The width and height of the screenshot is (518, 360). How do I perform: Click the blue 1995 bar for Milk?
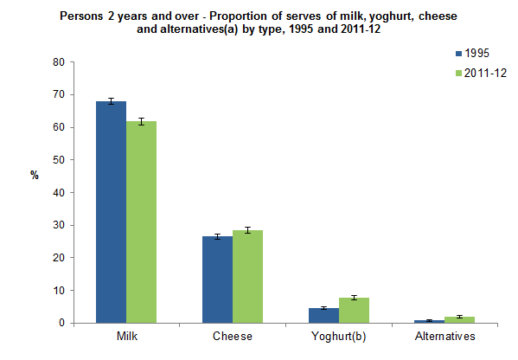point(111,212)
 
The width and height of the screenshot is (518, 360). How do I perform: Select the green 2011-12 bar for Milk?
point(141,222)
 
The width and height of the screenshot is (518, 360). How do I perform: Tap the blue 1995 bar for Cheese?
point(217,280)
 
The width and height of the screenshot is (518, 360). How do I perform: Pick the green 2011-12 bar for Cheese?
point(247,276)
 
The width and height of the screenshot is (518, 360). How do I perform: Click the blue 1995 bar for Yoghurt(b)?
point(323,315)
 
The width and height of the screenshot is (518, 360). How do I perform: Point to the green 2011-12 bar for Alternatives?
point(459,319)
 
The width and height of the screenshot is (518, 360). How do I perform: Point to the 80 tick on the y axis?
point(59,62)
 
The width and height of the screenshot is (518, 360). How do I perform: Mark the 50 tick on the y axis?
point(59,160)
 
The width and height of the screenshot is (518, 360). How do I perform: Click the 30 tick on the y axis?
point(59,225)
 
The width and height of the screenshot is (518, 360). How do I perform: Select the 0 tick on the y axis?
point(61,323)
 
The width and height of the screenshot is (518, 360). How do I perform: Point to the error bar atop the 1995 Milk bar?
point(111,101)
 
